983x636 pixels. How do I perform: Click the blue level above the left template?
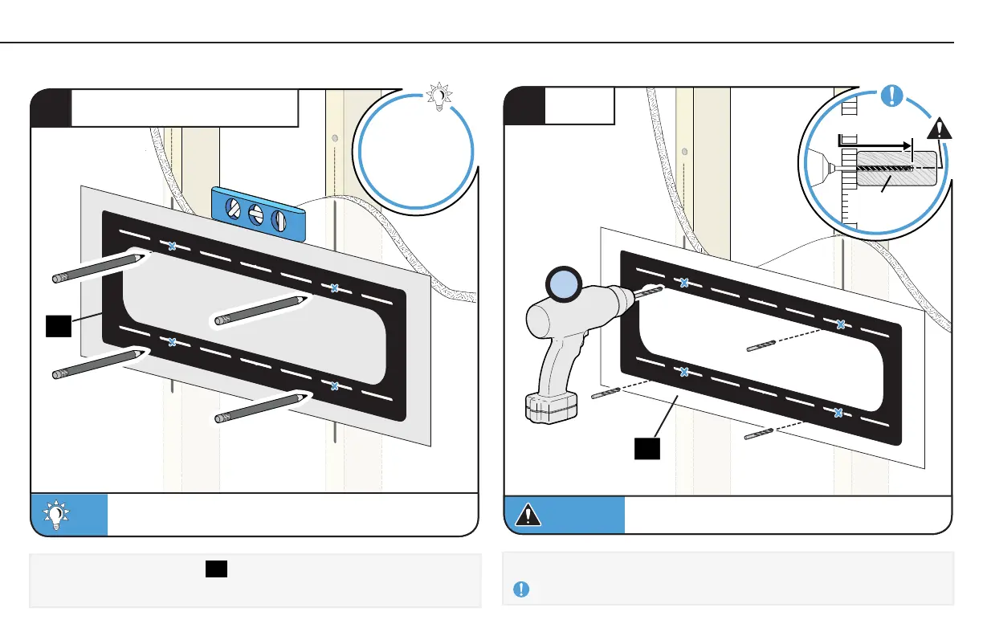[259, 214]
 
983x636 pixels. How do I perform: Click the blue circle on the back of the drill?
[562, 286]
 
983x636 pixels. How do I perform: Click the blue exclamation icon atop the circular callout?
[891, 96]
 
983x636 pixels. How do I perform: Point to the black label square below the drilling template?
[647, 448]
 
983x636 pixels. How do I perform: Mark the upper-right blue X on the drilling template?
[841, 324]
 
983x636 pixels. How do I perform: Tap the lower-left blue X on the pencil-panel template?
[172, 342]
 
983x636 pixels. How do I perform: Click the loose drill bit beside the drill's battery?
[606, 393]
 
